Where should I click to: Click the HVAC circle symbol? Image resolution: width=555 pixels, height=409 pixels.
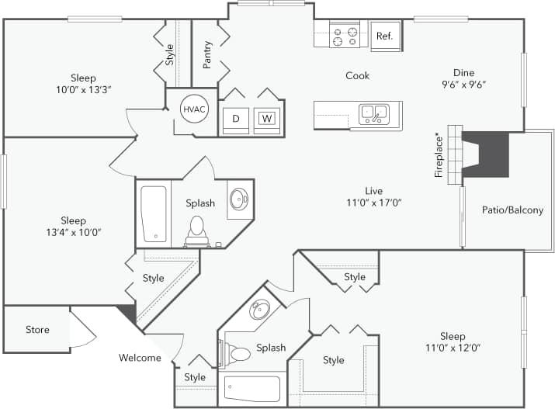coord(193,109)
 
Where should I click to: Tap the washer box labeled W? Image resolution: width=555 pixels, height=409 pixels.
coord(266,119)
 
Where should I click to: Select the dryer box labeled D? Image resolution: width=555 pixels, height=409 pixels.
coord(235,119)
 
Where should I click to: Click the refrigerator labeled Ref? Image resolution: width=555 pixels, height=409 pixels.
coord(385,36)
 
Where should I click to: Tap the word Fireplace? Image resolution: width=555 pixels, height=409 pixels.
coord(439,155)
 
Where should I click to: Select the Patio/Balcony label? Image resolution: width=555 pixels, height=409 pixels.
coord(512,210)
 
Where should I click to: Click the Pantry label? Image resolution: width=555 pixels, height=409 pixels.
coord(207,55)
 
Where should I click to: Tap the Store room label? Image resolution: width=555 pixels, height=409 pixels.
coord(37,330)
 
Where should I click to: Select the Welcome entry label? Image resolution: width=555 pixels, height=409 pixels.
coord(140,358)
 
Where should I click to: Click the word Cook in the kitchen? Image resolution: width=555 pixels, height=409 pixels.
coord(358,75)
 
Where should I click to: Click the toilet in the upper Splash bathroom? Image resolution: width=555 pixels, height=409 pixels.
coord(197,227)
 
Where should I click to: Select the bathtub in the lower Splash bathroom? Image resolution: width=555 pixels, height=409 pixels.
coord(251,388)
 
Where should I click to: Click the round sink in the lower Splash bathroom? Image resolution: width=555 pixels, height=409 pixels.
coord(260,310)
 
